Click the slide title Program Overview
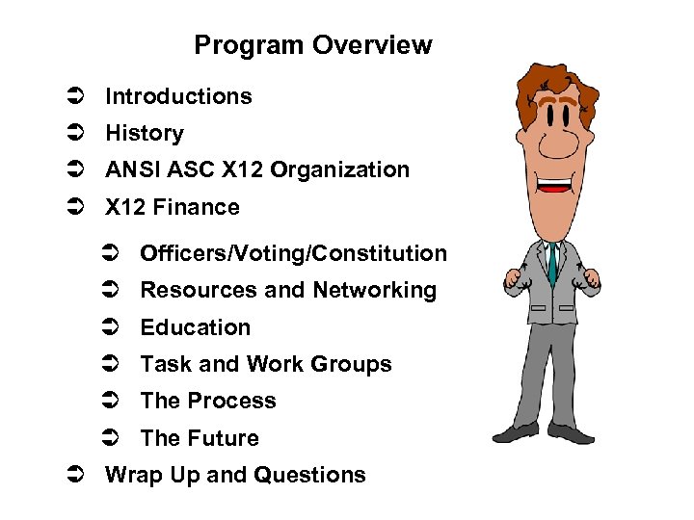click(x=312, y=45)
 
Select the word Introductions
click(x=178, y=96)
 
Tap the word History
click(x=145, y=133)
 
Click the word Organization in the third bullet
click(x=340, y=170)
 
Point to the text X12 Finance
click(x=173, y=207)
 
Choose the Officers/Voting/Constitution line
click(x=293, y=254)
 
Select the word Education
click(x=195, y=327)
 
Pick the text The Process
click(x=208, y=401)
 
